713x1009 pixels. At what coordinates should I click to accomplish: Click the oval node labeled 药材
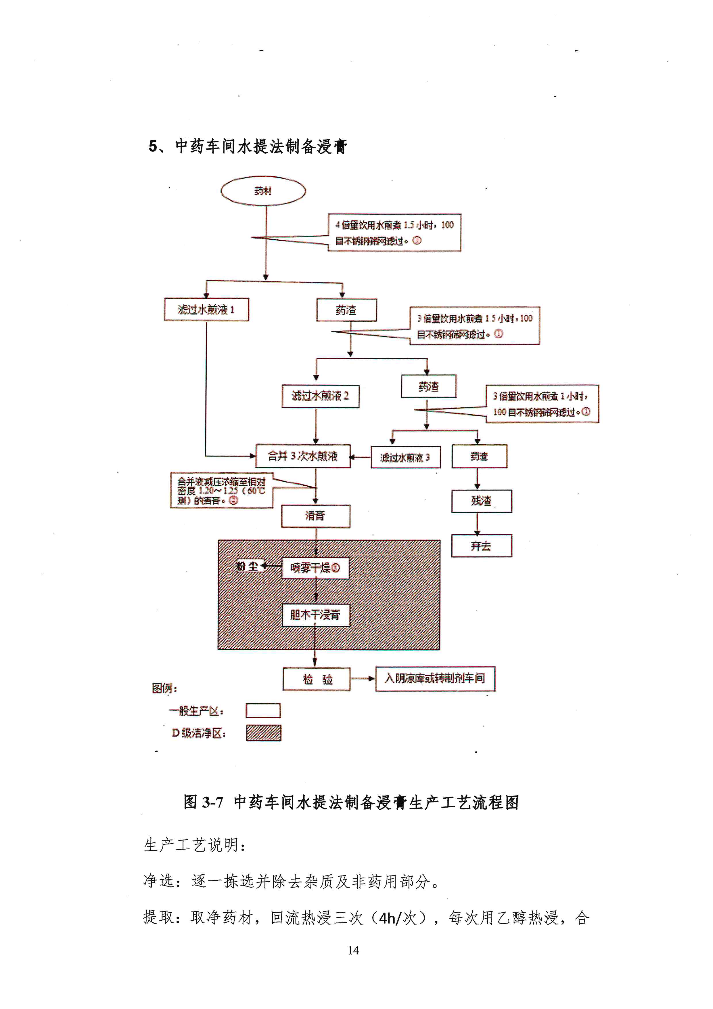(x=263, y=191)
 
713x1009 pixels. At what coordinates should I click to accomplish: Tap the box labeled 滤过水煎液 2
(x=320, y=396)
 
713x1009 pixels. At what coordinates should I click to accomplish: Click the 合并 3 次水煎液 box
(x=303, y=456)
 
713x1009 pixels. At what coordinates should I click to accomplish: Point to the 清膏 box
(x=315, y=516)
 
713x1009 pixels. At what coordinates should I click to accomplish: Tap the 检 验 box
(x=317, y=679)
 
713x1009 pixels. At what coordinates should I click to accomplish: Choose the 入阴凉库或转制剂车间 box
(x=435, y=678)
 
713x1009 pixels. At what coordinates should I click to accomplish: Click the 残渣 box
(x=481, y=501)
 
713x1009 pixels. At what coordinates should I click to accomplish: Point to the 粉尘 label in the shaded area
(x=247, y=566)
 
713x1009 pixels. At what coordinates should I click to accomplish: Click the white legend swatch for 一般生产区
(x=263, y=711)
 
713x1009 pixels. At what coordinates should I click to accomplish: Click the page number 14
(x=353, y=951)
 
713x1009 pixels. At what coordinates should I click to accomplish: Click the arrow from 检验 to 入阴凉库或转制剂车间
(x=363, y=678)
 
